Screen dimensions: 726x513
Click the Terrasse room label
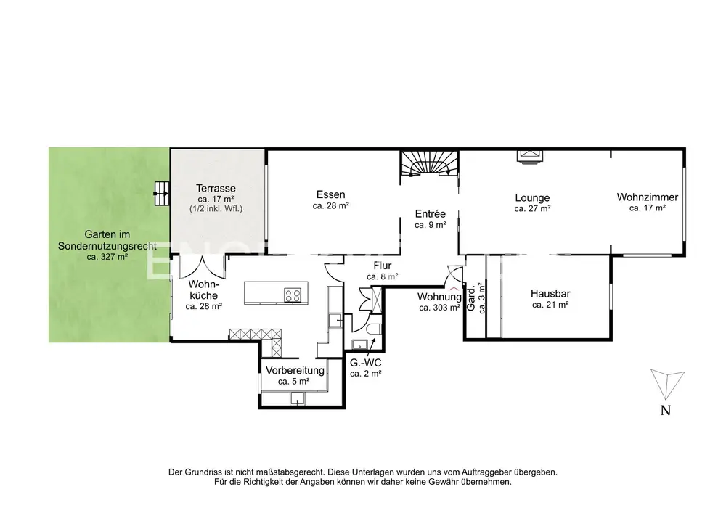tap(216, 188)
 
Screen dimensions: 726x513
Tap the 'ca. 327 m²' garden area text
tap(107, 257)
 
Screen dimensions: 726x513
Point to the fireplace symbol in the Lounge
tap(529, 155)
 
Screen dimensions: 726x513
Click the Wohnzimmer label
tap(648, 197)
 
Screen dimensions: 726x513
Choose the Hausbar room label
tap(550, 293)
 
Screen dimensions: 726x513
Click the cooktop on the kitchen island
tap(293, 295)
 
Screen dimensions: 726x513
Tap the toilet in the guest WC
tap(373, 329)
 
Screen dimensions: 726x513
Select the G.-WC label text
tap(366, 363)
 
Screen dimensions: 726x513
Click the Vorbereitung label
tap(295, 371)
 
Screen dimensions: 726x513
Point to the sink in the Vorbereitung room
tap(297, 398)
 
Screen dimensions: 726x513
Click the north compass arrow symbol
tap(666, 383)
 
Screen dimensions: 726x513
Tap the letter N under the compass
tap(665, 410)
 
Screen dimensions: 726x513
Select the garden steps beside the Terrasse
tap(162, 193)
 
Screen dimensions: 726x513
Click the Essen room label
tap(330, 194)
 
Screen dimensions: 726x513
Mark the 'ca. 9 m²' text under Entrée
tap(430, 225)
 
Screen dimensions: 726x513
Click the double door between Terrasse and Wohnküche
tap(202, 267)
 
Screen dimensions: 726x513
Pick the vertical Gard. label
tap(471, 298)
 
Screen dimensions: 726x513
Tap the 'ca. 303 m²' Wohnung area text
tap(439, 308)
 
